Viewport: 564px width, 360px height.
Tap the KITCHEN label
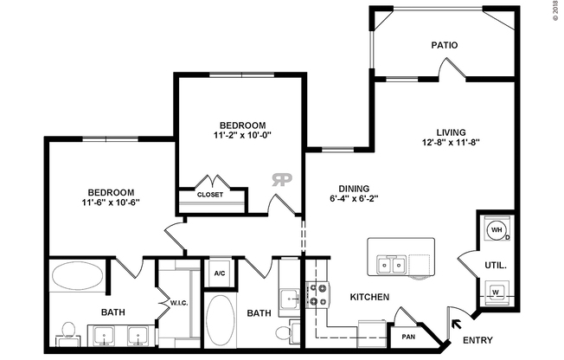point(370,298)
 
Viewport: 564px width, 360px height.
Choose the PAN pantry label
point(408,337)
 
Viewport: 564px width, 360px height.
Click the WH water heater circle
point(497,230)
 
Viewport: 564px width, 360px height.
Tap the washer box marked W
point(497,292)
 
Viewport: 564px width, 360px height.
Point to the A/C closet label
point(221,273)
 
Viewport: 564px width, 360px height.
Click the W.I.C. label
point(179,303)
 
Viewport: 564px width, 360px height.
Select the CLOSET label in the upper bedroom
point(210,195)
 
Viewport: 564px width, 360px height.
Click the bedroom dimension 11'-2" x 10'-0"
point(241,136)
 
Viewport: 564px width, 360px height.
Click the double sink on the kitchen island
point(389,264)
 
